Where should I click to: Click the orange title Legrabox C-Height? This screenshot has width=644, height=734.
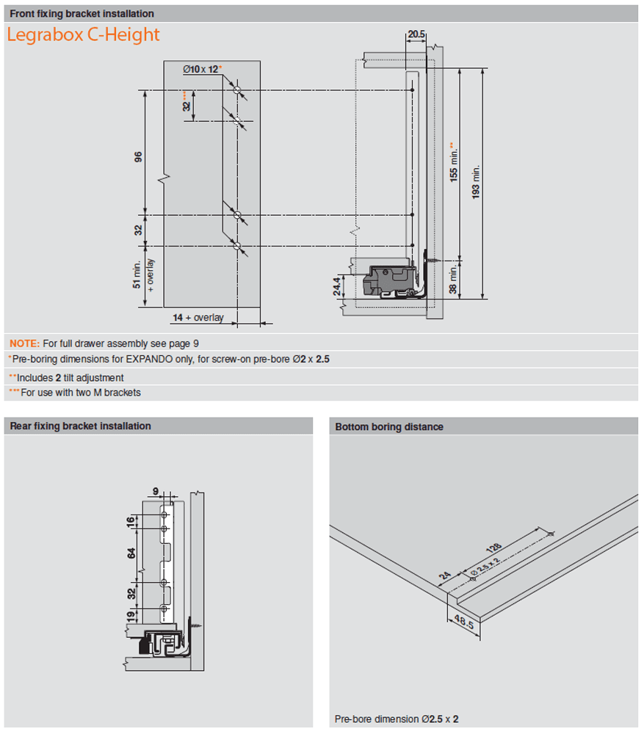point(83,34)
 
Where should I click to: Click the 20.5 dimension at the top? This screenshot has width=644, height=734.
point(416,34)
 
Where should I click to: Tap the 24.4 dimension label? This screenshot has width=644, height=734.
point(337,286)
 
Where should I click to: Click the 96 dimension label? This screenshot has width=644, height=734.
point(137,158)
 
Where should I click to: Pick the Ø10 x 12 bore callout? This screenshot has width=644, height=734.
point(201,69)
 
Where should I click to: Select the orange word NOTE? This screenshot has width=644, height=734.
point(24,343)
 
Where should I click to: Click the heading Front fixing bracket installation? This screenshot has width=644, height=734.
point(82,13)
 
